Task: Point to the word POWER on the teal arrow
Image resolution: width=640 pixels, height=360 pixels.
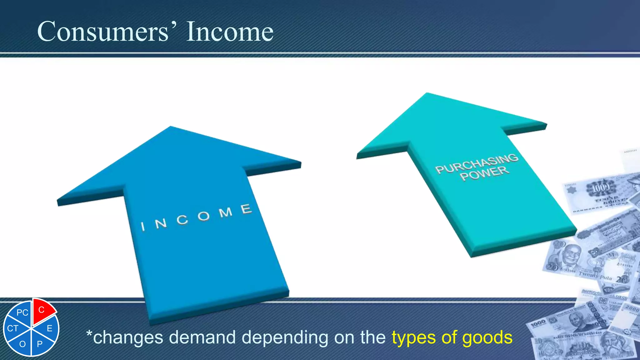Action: pos(484,173)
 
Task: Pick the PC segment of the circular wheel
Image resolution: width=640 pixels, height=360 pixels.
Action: pos(22,312)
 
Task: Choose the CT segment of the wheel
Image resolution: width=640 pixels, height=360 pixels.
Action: pos(13,328)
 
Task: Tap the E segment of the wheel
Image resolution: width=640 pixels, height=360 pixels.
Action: pos(49,328)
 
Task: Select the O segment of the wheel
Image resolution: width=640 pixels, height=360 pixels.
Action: pos(22,344)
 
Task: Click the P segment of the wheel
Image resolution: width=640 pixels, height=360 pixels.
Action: pos(40,344)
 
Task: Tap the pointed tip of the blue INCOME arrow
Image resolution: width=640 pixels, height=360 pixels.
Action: pos(171,127)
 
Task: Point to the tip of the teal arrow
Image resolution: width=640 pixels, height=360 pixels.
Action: pos(427,93)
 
